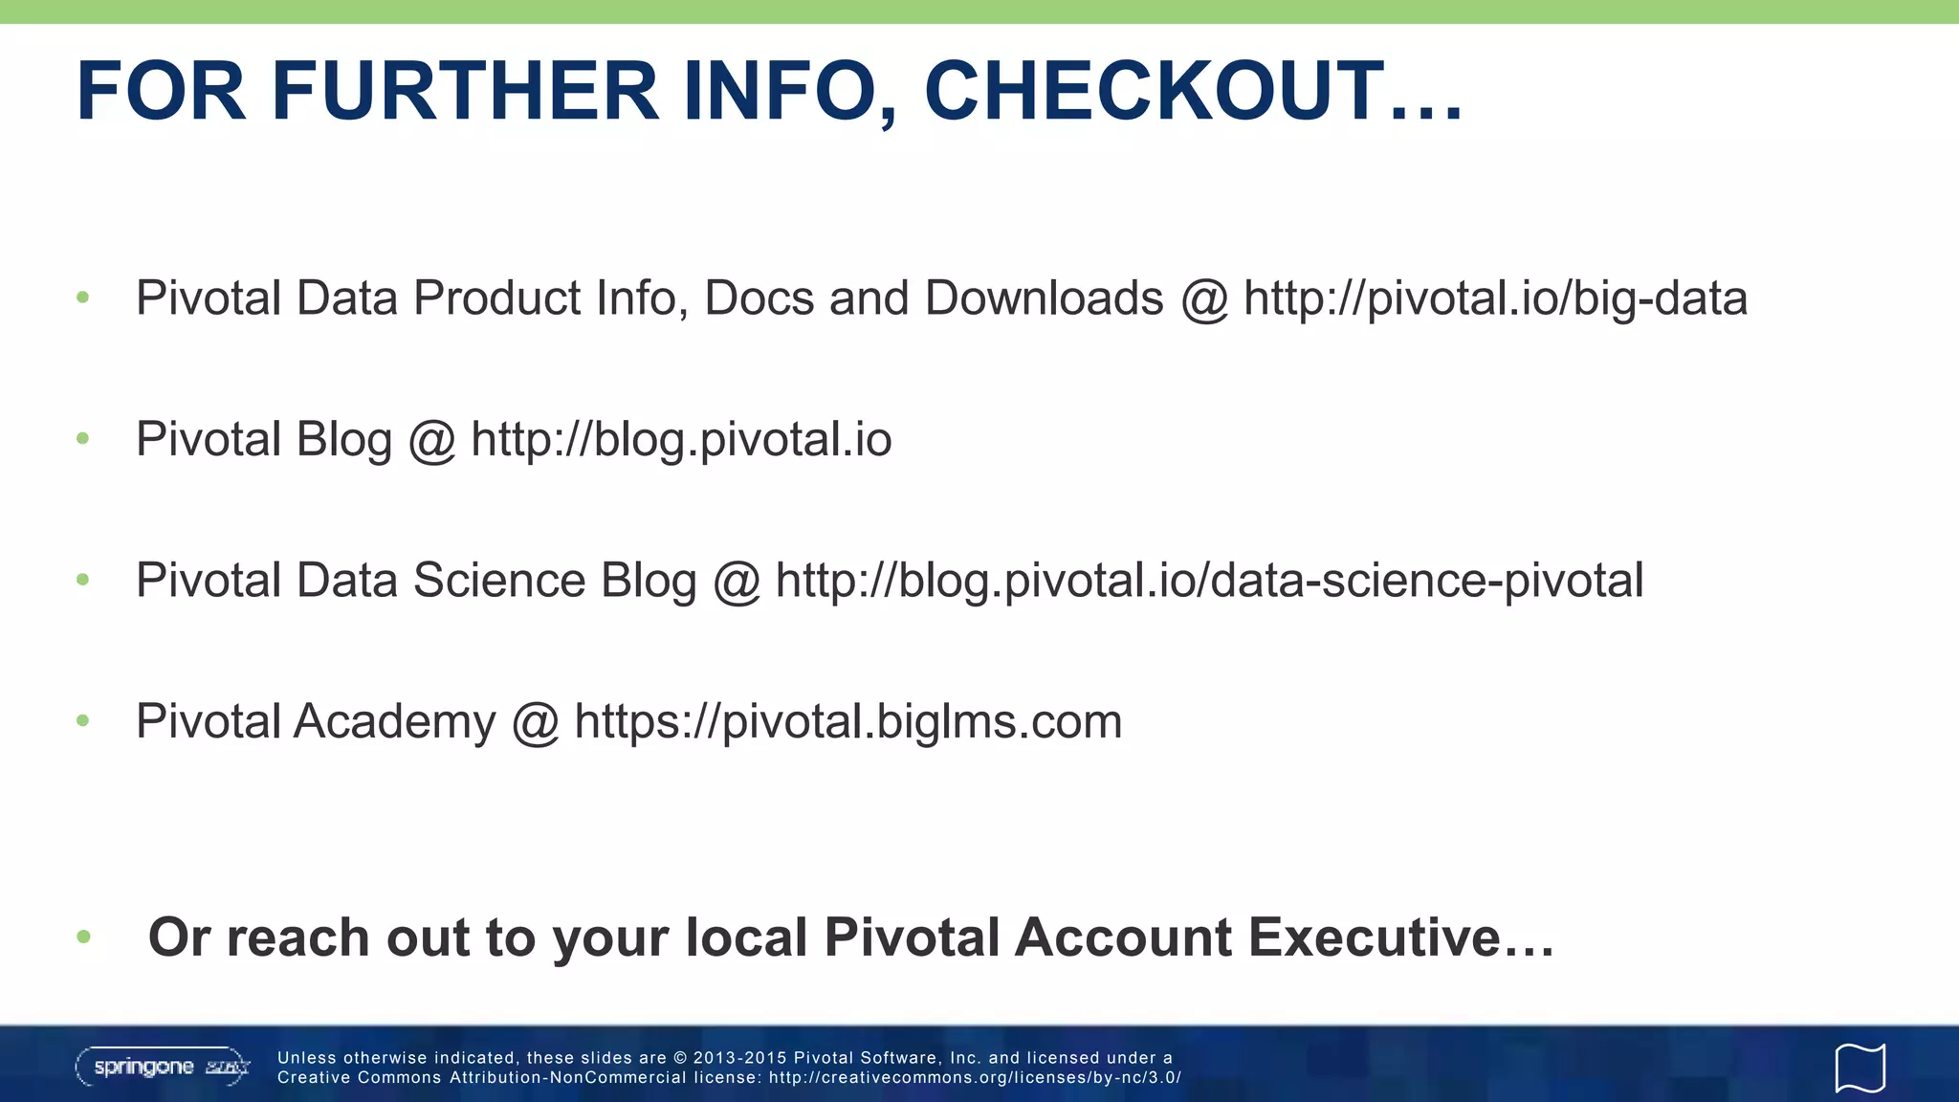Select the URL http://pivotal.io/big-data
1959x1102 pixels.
pos(1495,298)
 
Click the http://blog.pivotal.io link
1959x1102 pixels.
pos(681,440)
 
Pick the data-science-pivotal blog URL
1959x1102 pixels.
pos(1209,581)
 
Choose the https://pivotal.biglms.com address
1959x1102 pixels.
pos(847,721)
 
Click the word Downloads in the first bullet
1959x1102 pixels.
pos(1044,298)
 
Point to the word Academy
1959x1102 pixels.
pos(395,721)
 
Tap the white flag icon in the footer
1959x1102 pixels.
pos(1860,1068)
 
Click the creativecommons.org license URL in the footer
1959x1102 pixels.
pos(975,1078)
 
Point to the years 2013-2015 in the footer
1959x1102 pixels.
pos(738,1058)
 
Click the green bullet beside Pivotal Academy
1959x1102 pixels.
pos(83,721)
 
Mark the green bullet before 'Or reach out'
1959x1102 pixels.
pos(83,937)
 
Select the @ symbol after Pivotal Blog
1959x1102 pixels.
pos(431,441)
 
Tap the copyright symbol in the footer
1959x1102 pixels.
pos(680,1058)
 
